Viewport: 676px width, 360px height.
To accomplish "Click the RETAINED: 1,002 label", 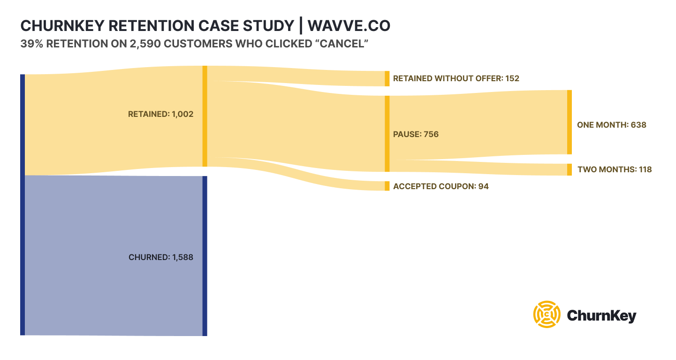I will (x=160, y=114).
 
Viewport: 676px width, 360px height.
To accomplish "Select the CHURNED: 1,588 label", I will (x=160, y=257).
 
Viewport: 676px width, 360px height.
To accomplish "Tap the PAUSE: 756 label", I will (x=416, y=134).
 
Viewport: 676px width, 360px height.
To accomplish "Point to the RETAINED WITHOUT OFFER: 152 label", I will (x=456, y=78).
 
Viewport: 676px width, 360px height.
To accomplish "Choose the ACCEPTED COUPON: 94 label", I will (x=441, y=186).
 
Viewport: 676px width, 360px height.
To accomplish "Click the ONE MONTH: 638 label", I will (x=611, y=125).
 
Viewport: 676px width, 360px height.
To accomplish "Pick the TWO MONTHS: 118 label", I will (x=615, y=169).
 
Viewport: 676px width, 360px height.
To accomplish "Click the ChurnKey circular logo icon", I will (x=547, y=314).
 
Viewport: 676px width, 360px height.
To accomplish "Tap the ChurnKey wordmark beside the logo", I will (x=601, y=315).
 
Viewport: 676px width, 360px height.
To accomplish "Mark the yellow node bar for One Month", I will (x=570, y=122).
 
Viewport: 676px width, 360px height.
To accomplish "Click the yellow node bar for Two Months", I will (x=570, y=169).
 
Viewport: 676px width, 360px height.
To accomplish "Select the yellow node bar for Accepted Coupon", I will (x=387, y=186).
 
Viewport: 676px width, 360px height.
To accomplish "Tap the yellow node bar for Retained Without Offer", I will (x=387, y=78).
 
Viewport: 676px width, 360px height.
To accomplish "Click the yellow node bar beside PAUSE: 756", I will (x=387, y=134).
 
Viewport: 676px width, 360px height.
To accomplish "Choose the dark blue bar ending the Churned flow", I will (x=205, y=256).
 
